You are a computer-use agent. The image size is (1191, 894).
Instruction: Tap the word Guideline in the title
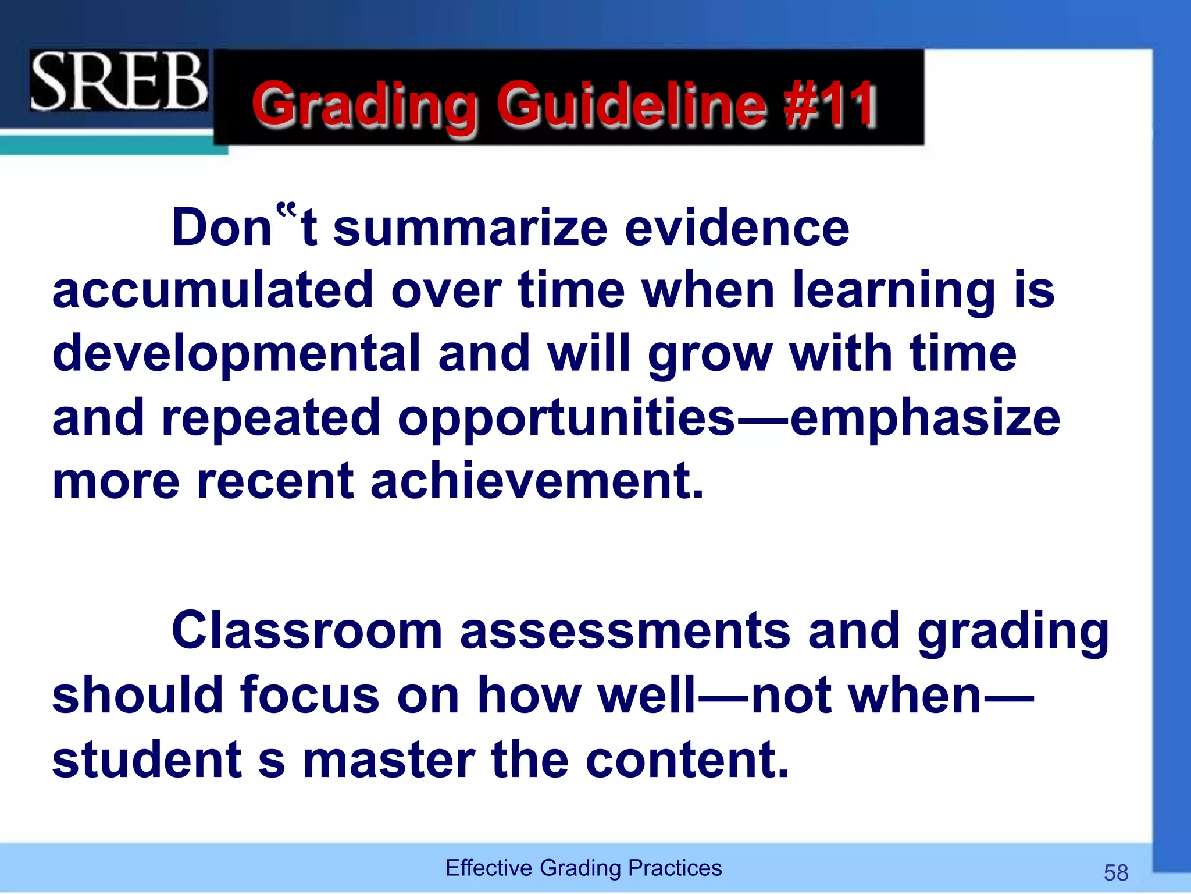(x=630, y=105)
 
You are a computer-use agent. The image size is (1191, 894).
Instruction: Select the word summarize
(x=470, y=228)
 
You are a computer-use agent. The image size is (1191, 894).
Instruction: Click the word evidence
(x=737, y=228)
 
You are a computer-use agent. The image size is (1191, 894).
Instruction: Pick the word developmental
(x=236, y=354)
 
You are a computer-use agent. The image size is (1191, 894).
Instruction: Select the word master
(x=389, y=760)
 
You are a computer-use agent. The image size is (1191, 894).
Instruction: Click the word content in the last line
(x=687, y=760)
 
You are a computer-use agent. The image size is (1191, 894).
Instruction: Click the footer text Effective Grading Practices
(x=583, y=868)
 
